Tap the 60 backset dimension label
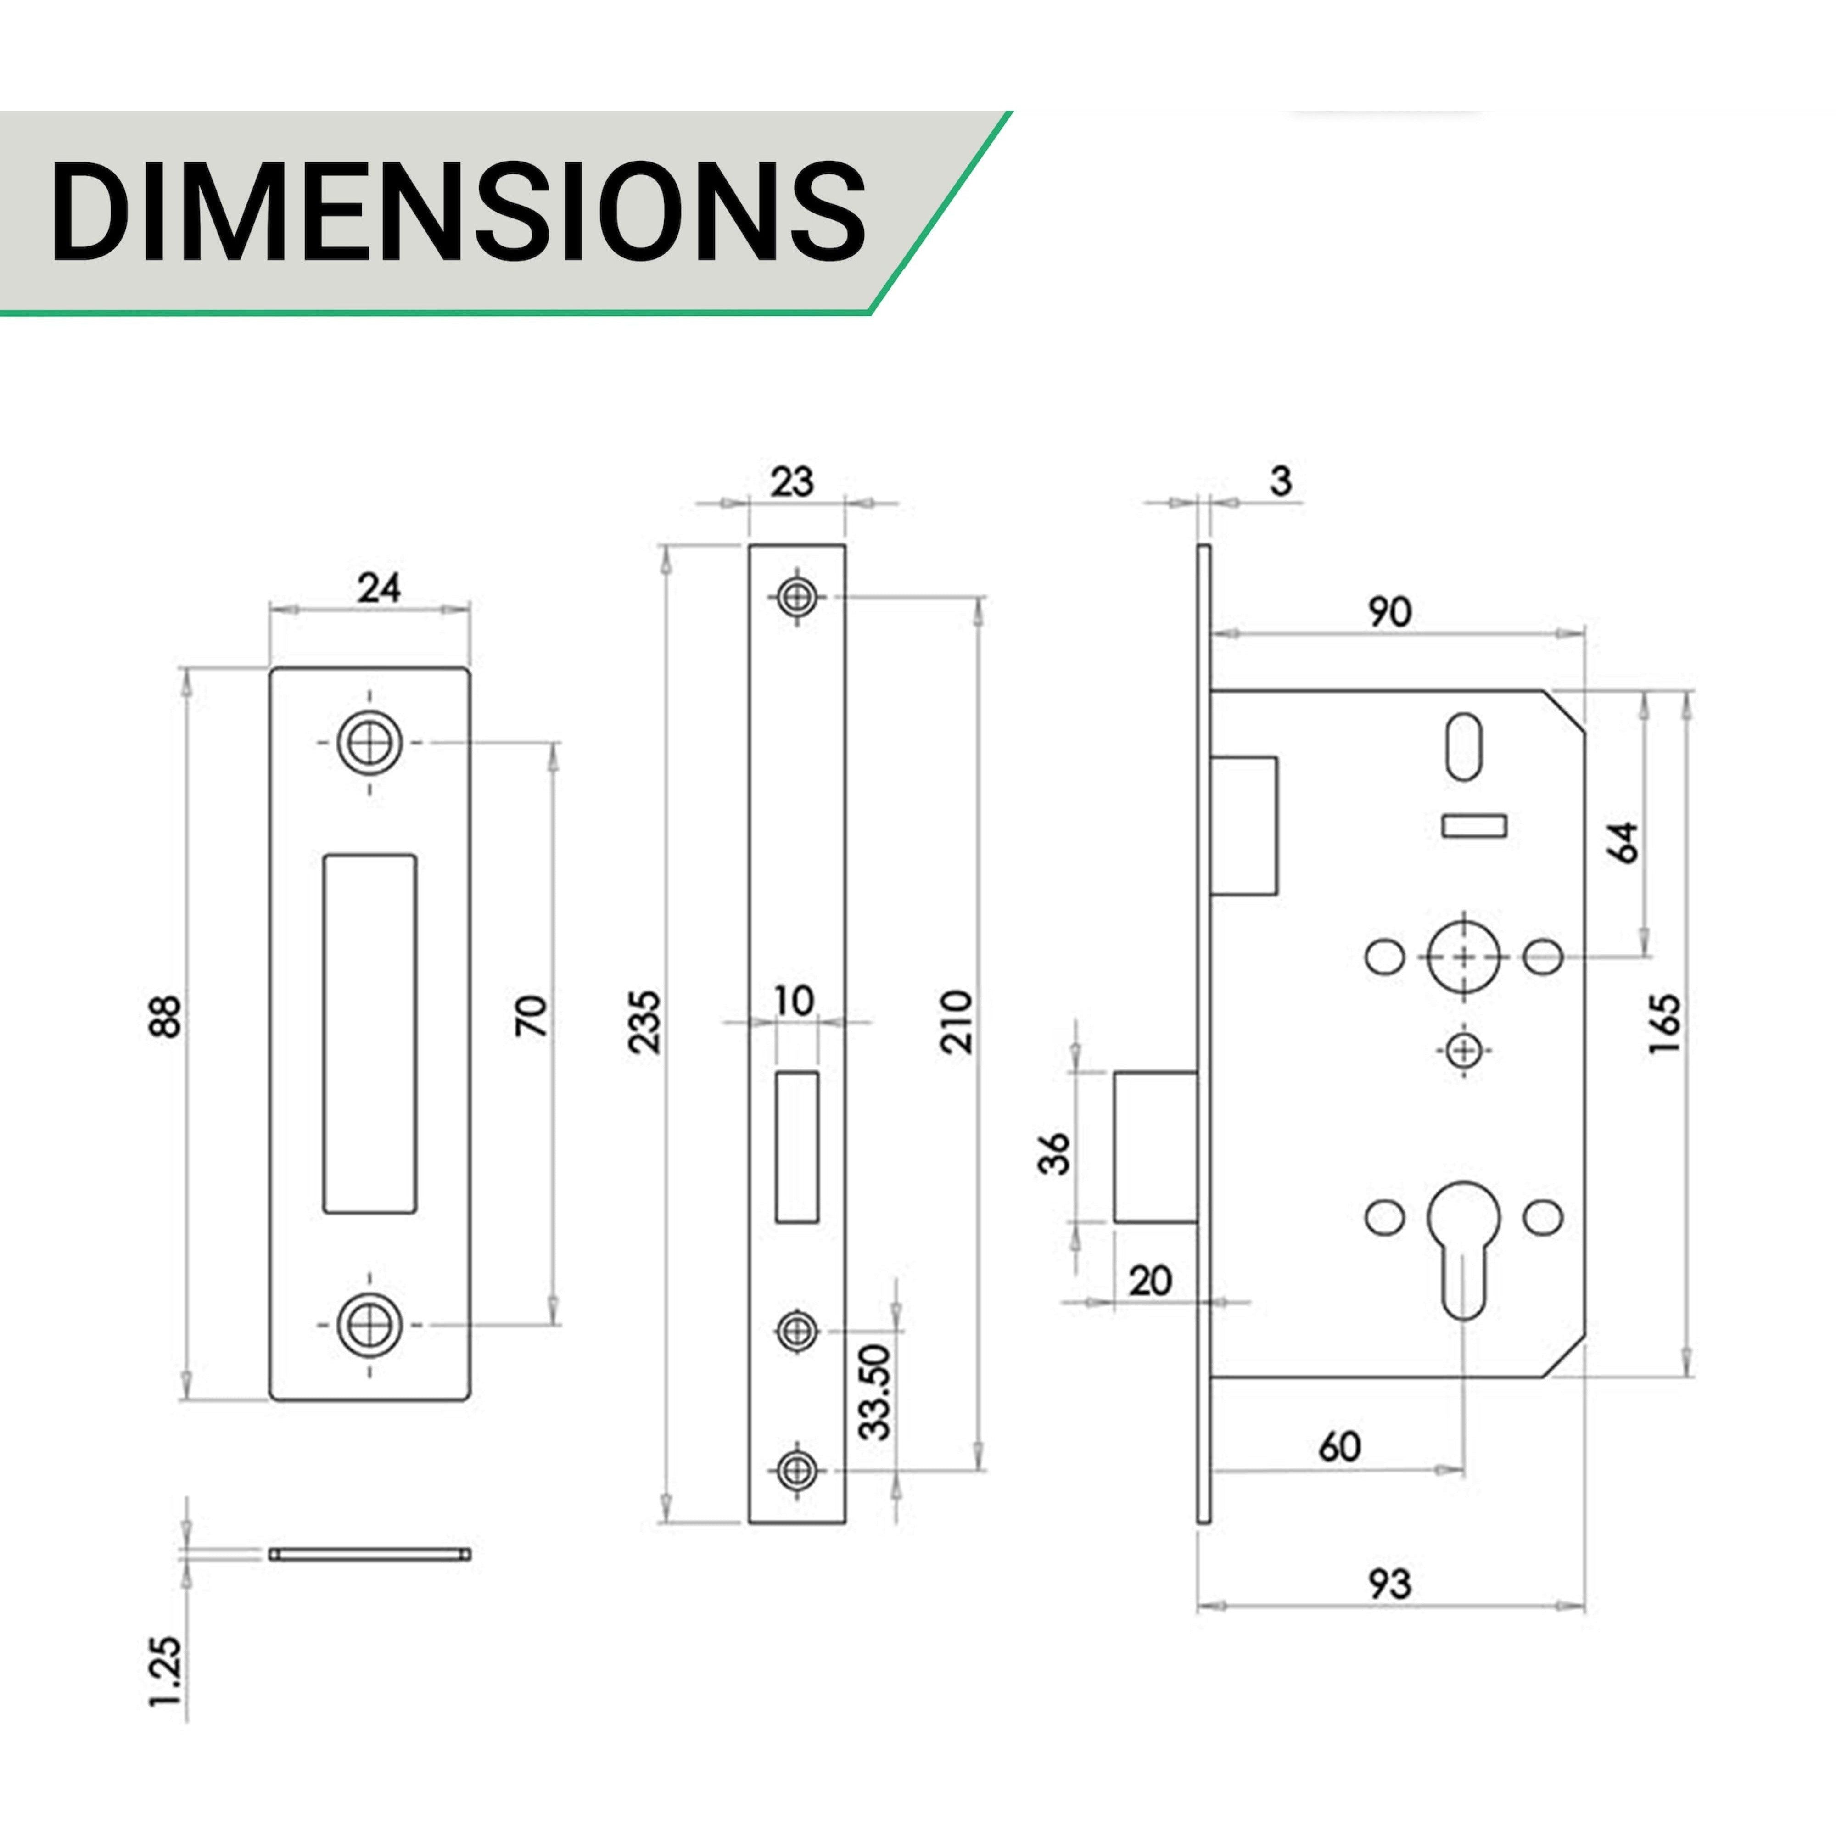pyautogui.click(x=1340, y=1446)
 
